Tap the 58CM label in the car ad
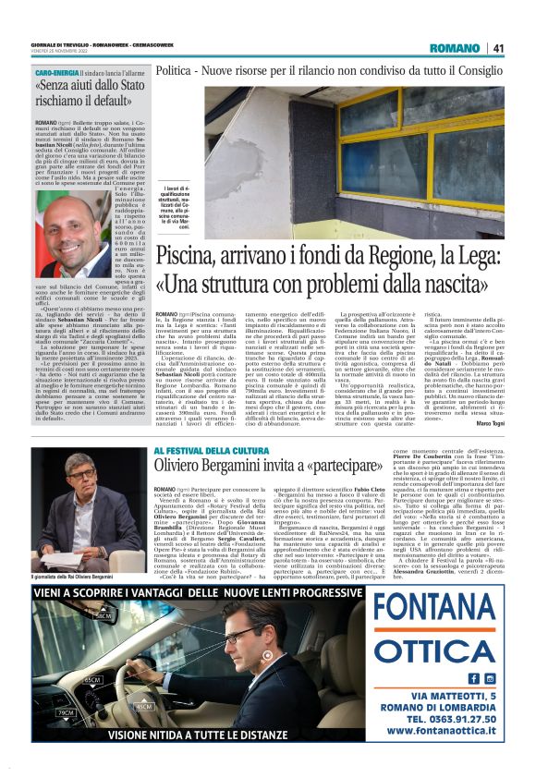103,614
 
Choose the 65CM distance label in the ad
91,679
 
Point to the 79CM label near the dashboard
65,712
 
